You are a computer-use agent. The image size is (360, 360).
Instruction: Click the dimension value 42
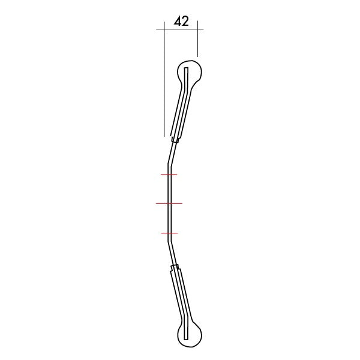[x=181, y=21]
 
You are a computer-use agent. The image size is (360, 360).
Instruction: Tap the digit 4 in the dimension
[x=178, y=21]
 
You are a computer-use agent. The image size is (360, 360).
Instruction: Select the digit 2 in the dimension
[x=185, y=21]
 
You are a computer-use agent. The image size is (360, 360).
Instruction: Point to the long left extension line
[x=164, y=79]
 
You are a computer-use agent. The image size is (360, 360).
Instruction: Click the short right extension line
[x=197, y=38]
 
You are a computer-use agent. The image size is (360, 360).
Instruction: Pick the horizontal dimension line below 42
[x=180, y=29]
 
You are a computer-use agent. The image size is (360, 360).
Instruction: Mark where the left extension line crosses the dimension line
[x=164, y=29]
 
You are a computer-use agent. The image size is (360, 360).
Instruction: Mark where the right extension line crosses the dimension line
[x=197, y=29]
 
